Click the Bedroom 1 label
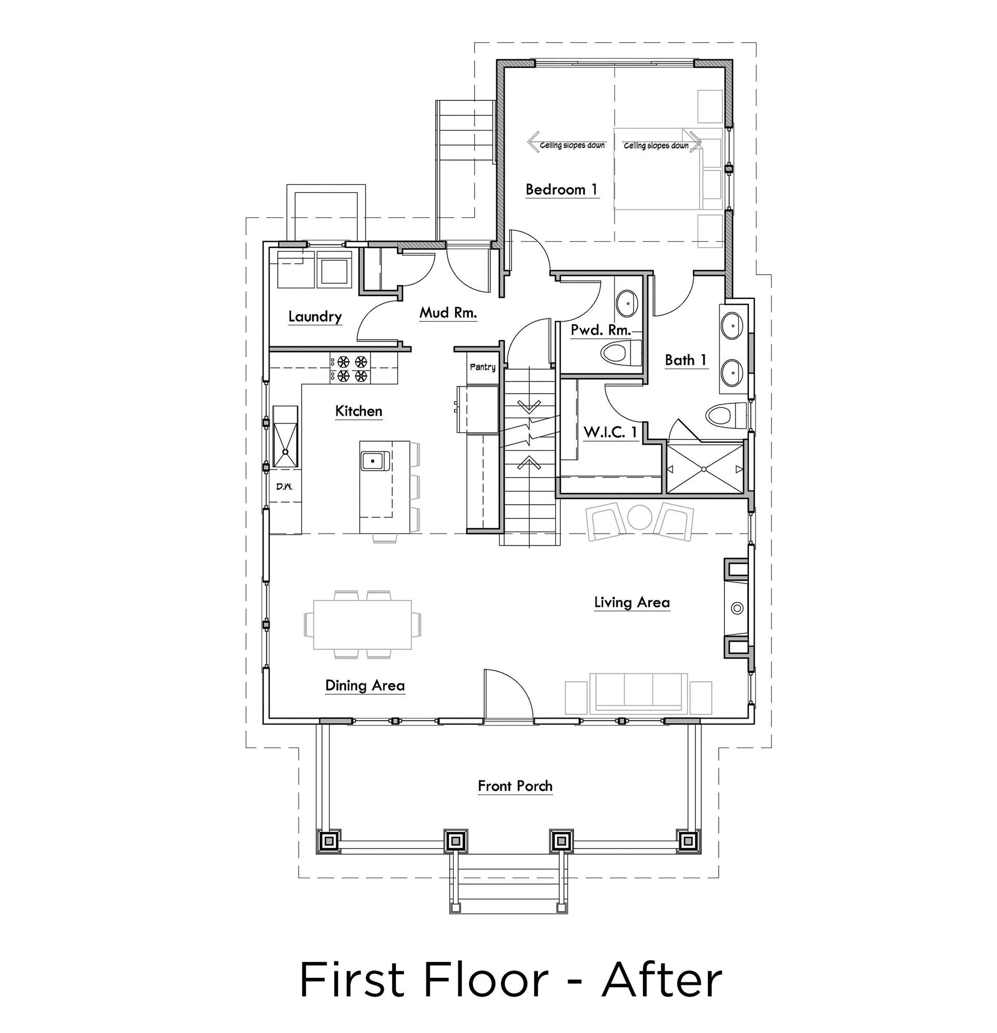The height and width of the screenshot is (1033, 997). [562, 189]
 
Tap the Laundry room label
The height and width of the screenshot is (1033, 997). [315, 316]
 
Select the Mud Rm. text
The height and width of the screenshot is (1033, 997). [448, 312]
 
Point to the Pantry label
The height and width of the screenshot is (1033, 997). [482, 367]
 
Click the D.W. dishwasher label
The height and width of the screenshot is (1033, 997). [285, 486]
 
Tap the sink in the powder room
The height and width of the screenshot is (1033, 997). [627, 303]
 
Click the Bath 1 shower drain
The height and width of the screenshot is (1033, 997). [705, 469]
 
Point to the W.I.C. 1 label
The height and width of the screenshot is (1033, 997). [611, 432]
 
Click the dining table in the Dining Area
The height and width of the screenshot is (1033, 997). [362, 624]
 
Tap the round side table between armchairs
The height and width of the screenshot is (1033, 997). [641, 518]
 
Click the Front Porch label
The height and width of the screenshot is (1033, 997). [515, 786]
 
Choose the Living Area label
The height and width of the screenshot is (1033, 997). [631, 602]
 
